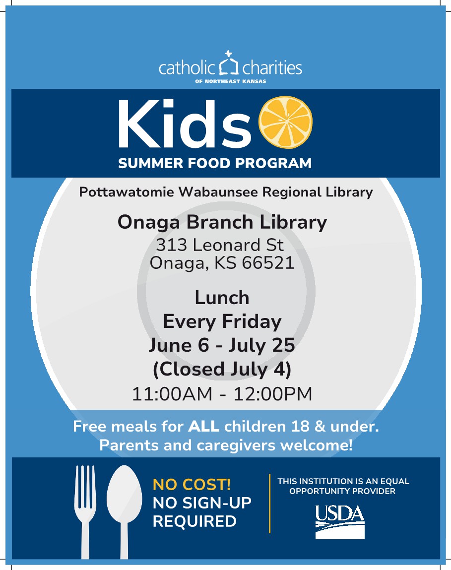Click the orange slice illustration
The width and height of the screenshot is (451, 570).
[x=285, y=122]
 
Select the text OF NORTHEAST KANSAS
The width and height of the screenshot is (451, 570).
[x=231, y=81]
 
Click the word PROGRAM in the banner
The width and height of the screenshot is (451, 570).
[x=273, y=163]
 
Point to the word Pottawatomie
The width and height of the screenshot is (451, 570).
[x=127, y=192]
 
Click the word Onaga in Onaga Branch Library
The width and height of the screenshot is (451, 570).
[x=149, y=222]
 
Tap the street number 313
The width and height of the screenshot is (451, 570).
[x=171, y=245]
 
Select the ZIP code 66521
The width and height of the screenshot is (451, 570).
[x=268, y=262]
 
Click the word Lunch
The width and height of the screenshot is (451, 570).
[x=222, y=298]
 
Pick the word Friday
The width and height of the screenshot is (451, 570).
[x=252, y=322]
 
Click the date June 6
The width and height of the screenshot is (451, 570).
[x=179, y=345]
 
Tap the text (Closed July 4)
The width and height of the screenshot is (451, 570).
[x=222, y=370]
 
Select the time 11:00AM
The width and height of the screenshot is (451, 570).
[x=172, y=394]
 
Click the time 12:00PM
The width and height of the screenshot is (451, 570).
[x=273, y=394]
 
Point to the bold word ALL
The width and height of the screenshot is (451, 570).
[x=204, y=427]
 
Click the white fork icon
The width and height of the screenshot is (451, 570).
[x=85, y=512]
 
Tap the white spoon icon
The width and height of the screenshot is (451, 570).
[x=125, y=512]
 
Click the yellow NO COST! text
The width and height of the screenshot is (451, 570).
[x=192, y=485]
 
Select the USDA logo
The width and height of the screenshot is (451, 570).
[x=340, y=522]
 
